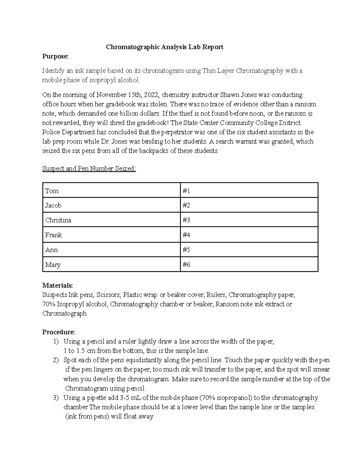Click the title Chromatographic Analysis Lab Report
click(x=164, y=47)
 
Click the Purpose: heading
click(x=55, y=56)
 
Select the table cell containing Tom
click(x=112, y=191)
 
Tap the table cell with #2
click(x=249, y=206)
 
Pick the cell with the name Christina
click(x=112, y=220)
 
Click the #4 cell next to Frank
click(x=249, y=235)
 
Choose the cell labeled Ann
click(x=112, y=250)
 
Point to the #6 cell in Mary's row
click(x=249, y=265)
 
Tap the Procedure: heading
click(x=58, y=332)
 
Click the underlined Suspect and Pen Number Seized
click(x=89, y=169)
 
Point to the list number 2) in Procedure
click(x=56, y=360)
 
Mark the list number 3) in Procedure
click(x=56, y=398)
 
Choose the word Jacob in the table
click(x=53, y=206)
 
